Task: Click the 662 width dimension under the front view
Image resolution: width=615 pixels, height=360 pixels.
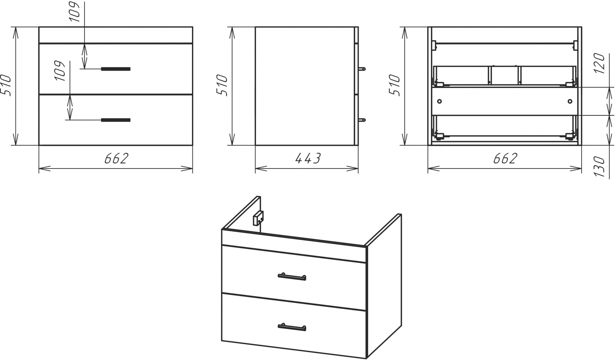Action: point(116,158)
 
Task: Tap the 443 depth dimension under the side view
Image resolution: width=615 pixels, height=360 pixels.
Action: point(307,158)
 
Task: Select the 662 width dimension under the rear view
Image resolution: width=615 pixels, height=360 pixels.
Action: point(505,158)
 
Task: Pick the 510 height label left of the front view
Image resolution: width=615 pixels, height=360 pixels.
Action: point(6,85)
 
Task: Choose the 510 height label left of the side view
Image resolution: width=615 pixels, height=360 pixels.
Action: point(222,85)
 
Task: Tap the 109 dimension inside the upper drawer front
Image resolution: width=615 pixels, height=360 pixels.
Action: point(60,71)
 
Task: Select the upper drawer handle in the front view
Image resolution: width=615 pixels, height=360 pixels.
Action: point(115,69)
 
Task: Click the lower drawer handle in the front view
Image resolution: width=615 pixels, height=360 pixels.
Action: point(115,120)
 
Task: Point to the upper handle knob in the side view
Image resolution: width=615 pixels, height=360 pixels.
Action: point(362,69)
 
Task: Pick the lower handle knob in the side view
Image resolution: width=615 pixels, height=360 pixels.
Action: point(362,120)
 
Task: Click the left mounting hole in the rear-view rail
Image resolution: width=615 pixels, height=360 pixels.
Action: point(439,101)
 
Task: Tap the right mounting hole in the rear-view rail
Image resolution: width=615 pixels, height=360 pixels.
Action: point(570,101)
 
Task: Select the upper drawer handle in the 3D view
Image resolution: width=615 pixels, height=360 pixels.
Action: point(292,276)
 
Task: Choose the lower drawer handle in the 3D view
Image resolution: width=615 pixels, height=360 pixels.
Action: point(292,327)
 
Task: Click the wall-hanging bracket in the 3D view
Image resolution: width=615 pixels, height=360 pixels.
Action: point(258,218)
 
